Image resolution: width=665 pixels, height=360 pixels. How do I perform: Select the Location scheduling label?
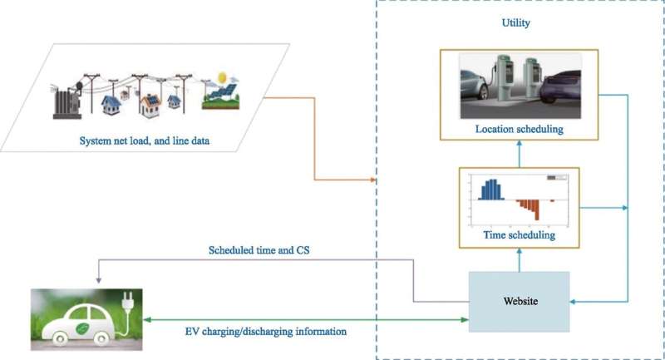519,129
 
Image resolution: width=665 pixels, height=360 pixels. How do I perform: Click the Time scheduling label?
518,235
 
